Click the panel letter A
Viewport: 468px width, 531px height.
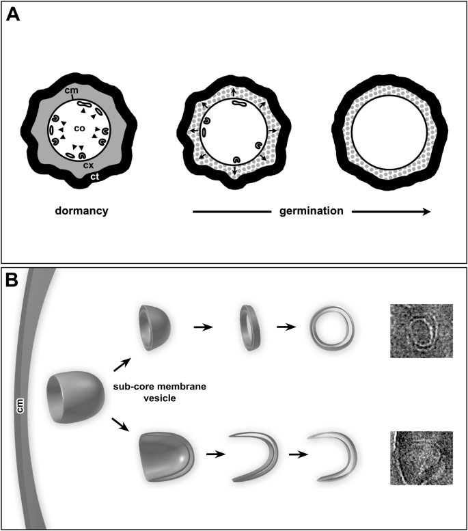pyautogui.click(x=14, y=14)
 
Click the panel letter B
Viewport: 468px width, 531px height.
pyautogui.click(x=14, y=282)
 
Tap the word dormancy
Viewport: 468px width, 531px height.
pyautogui.click(x=83, y=211)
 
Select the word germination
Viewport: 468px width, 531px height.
pyautogui.click(x=312, y=211)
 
